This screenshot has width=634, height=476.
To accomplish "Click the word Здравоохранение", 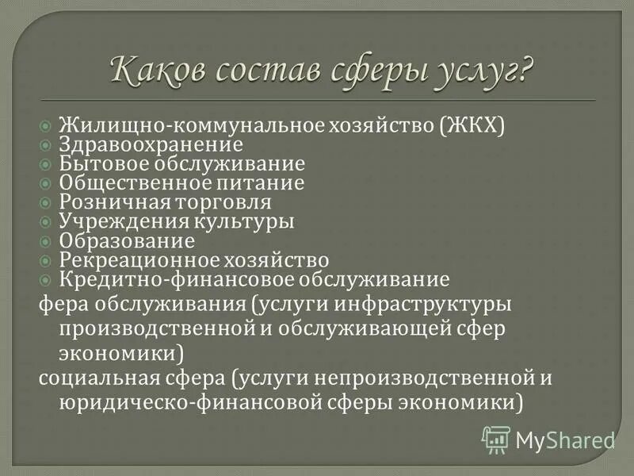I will (151, 145).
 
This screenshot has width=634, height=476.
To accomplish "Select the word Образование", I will (127, 240).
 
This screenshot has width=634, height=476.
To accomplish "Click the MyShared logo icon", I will (496, 438).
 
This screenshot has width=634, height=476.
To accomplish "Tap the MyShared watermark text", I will (565, 440).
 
